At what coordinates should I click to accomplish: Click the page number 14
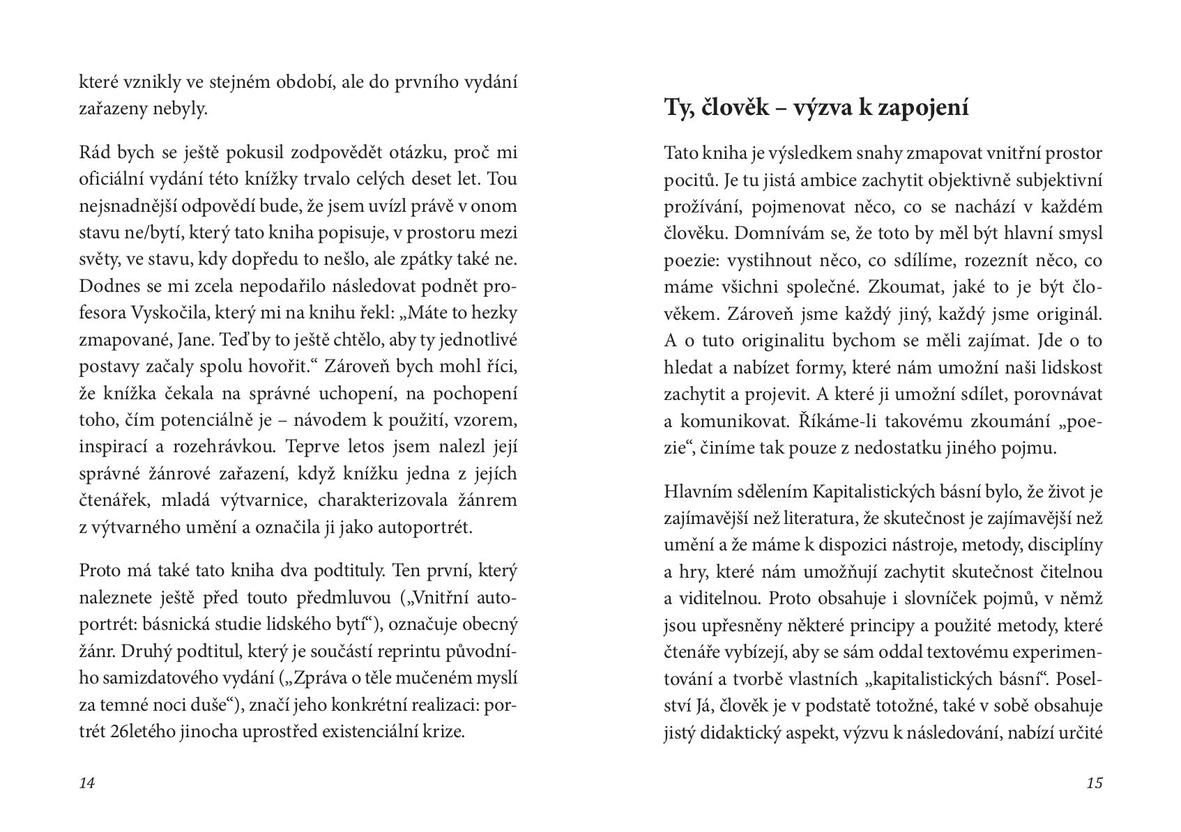click(87, 783)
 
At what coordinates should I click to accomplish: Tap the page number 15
click(1095, 783)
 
